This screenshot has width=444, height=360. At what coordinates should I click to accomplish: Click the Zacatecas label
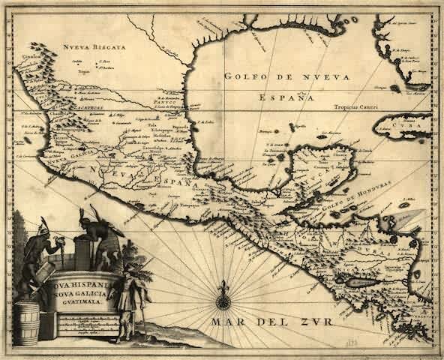pos(64,107)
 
